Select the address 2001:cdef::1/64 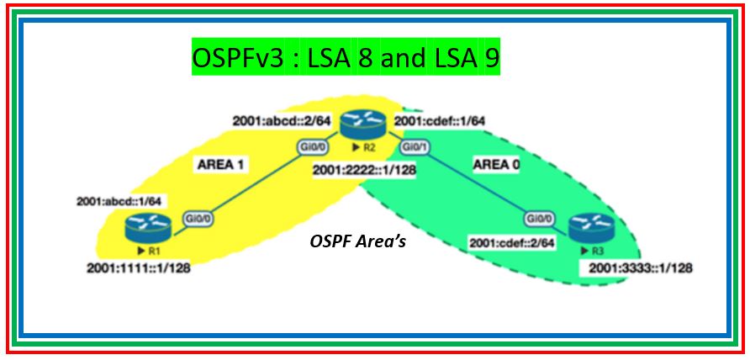[439, 123]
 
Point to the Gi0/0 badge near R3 [540, 218]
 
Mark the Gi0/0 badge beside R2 [311, 148]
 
